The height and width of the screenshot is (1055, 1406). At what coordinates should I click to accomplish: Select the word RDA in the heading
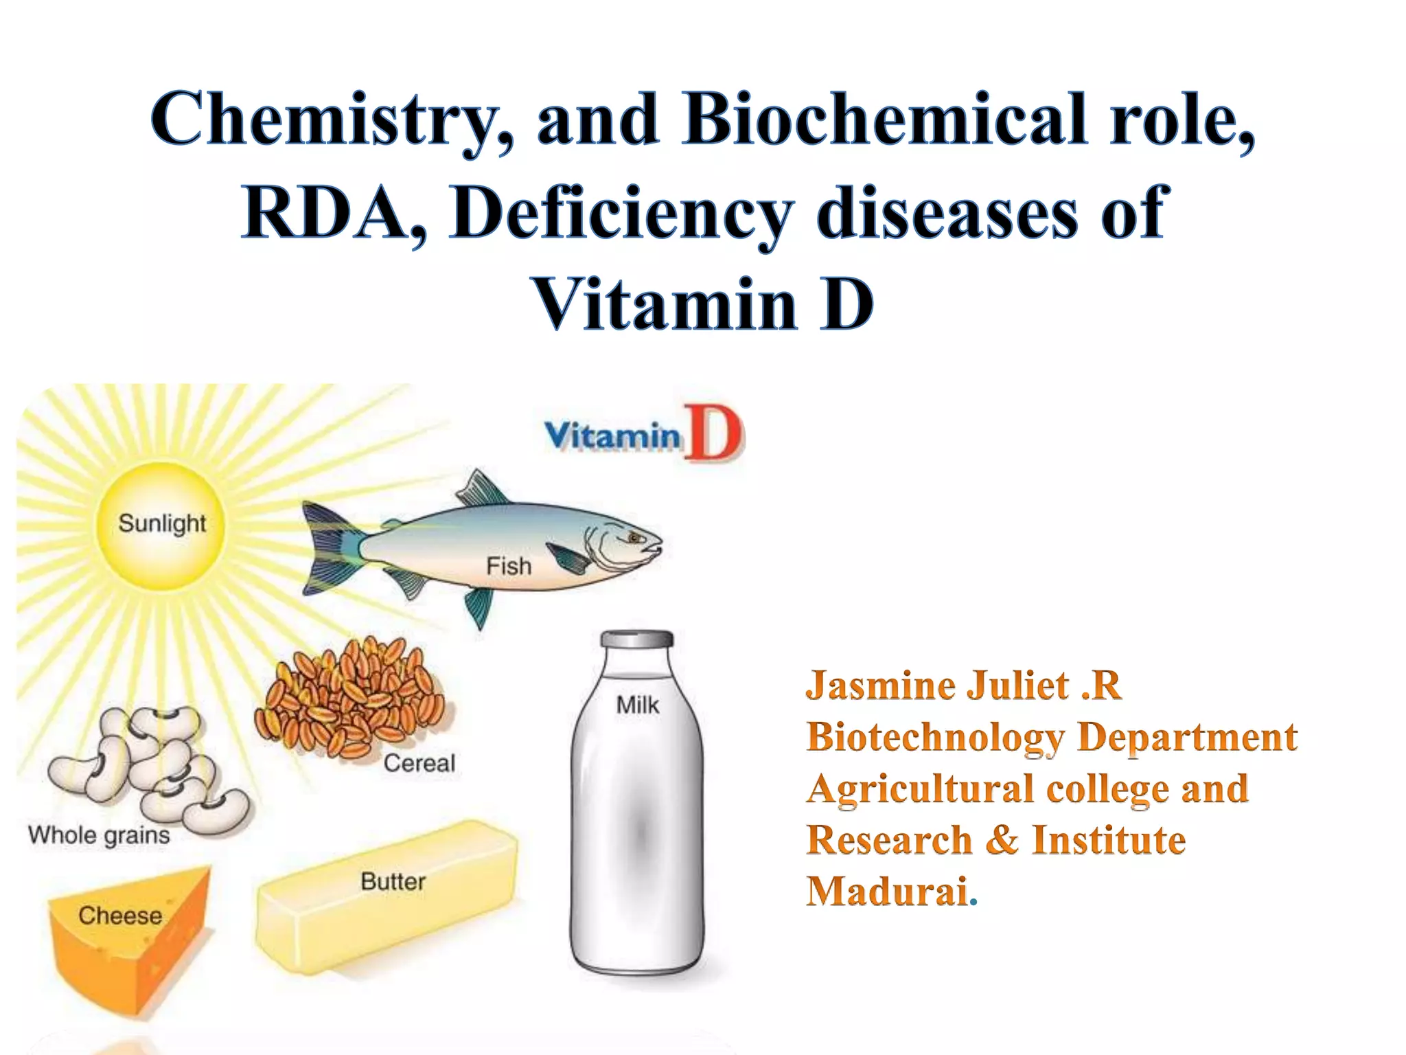[x=333, y=213]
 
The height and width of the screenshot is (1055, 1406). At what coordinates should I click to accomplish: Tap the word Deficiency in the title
[x=621, y=213]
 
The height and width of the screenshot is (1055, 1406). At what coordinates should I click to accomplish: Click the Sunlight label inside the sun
[x=162, y=523]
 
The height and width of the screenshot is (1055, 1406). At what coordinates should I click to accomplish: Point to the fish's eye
[x=633, y=538]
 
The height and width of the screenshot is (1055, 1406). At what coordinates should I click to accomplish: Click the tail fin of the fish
[x=330, y=549]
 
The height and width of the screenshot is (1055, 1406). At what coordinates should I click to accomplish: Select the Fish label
[x=509, y=567]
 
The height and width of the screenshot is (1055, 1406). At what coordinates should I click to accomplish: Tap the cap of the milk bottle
[x=637, y=639]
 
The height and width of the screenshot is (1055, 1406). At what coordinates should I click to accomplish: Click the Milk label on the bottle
[x=637, y=705]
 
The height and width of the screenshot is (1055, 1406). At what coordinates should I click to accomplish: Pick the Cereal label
[x=419, y=763]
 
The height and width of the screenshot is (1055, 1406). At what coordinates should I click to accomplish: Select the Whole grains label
[x=99, y=836]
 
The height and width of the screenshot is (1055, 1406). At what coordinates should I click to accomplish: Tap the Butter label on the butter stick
[x=393, y=881]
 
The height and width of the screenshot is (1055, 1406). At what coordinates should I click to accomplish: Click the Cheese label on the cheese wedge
[x=120, y=916]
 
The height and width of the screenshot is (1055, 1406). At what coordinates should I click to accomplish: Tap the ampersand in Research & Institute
[x=1002, y=840]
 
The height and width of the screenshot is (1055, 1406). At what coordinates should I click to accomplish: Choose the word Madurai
[x=887, y=892]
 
